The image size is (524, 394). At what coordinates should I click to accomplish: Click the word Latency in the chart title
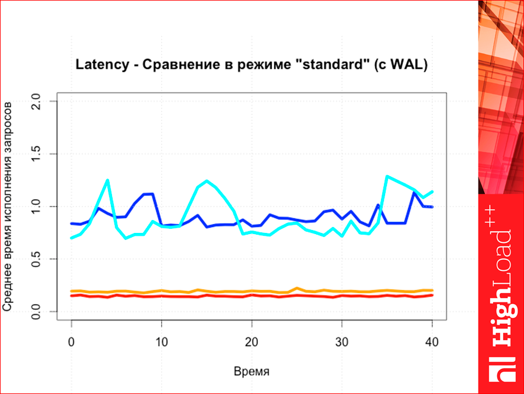pyautogui.click(x=102, y=64)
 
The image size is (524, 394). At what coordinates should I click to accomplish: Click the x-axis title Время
pyautogui.click(x=251, y=371)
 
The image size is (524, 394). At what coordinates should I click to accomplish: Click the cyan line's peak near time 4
pyautogui.click(x=108, y=180)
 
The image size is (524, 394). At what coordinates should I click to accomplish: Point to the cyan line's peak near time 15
pyautogui.click(x=207, y=181)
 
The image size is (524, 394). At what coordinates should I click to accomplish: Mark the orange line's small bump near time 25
pyautogui.click(x=297, y=288)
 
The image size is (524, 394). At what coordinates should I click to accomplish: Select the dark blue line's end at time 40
pyautogui.click(x=432, y=207)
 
